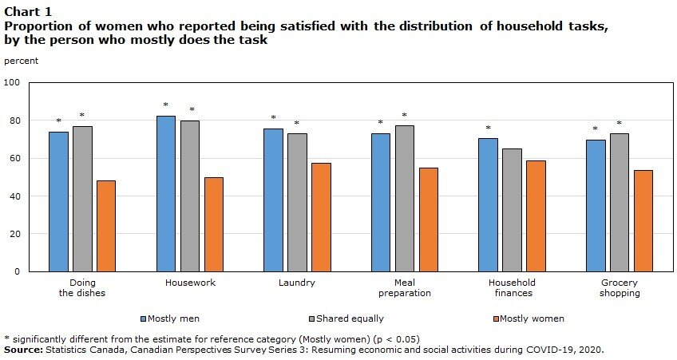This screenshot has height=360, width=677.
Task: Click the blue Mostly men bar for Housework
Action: point(166,194)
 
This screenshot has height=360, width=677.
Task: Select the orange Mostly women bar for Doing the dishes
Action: point(106,226)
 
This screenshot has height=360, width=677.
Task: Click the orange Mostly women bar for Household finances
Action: point(536,216)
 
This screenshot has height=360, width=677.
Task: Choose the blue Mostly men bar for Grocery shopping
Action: point(596,205)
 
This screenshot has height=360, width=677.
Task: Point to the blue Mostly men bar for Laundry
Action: point(273,200)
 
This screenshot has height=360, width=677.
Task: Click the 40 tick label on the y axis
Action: point(14,196)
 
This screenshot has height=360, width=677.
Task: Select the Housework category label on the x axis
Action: point(190,283)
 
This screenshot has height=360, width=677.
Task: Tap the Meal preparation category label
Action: point(405,287)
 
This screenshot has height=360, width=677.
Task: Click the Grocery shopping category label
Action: point(620,287)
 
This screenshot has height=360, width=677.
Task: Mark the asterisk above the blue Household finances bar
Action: point(488,129)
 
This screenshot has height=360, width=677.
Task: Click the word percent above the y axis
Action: point(21,61)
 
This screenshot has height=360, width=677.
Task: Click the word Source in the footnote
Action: point(24,350)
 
